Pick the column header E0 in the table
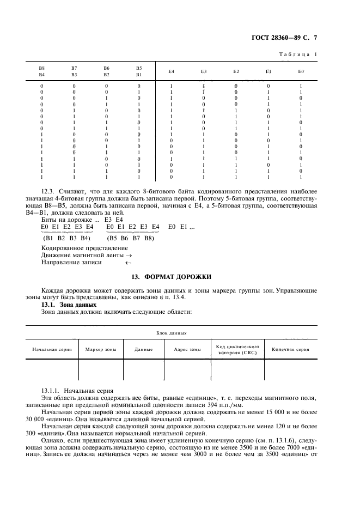point(301,71)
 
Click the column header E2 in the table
point(236,71)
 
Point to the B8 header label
point(41,68)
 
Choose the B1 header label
point(139,75)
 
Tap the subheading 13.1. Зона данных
point(58,305)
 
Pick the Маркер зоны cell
point(101,349)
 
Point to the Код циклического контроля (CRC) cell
point(237,349)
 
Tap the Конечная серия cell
point(290,349)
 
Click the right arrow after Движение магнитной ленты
point(129,255)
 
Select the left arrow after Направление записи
point(128,262)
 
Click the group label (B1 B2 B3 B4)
point(66,238)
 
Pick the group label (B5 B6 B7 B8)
point(131,238)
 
